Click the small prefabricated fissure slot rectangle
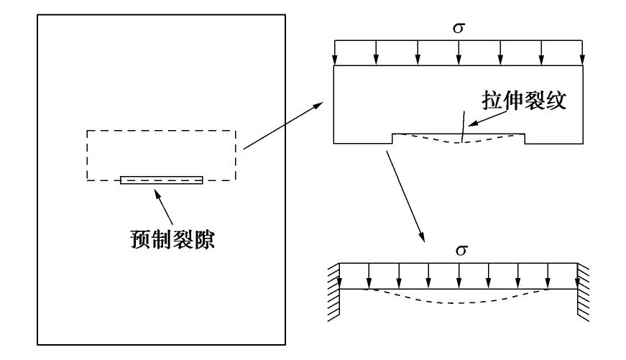pyautogui.click(x=162, y=180)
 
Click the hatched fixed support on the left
pyautogui.click(x=333, y=291)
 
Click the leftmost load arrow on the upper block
pyautogui.click(x=335, y=54)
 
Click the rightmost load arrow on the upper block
pyautogui.click(x=581, y=54)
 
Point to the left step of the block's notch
pyautogui.click(x=392, y=139)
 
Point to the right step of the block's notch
pyautogui.click(x=525, y=139)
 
